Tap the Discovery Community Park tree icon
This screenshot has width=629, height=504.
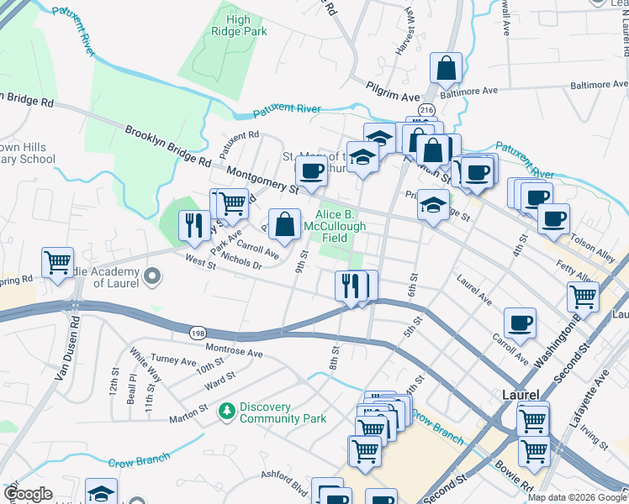[x=226, y=412]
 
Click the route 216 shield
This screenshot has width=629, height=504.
[x=428, y=110]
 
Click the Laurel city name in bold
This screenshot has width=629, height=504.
[x=514, y=393]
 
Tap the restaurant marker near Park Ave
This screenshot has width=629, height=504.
[x=193, y=225]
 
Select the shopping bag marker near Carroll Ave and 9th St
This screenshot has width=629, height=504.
[x=285, y=223]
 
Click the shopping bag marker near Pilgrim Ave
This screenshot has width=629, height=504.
[x=446, y=68]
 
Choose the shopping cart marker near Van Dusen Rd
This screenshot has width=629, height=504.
[x=58, y=262]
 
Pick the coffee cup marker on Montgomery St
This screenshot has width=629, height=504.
[x=311, y=171]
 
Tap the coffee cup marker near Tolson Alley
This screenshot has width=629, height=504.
[x=553, y=219]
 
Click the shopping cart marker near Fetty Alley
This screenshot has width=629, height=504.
[x=583, y=296]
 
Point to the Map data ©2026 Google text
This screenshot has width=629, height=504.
[x=577, y=497]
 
